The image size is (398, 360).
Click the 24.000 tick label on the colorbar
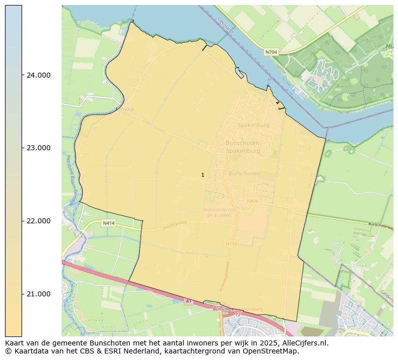(38, 75)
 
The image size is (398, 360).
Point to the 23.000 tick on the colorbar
(38, 148)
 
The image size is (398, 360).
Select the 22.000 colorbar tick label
(38, 221)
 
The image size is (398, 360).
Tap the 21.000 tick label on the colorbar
(38, 294)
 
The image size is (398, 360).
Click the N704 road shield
(271, 52)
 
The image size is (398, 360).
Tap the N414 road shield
(109, 223)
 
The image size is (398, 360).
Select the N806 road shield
(253, 201)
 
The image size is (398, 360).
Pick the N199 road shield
(231, 244)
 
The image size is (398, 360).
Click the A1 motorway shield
(188, 301)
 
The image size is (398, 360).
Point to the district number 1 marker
(203, 175)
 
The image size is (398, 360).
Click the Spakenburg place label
(253, 125)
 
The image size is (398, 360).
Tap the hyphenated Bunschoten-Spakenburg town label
(243, 147)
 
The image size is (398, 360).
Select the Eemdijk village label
(125, 109)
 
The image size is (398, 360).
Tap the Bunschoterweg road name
(382, 225)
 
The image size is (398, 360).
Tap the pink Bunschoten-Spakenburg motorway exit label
(238, 309)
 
